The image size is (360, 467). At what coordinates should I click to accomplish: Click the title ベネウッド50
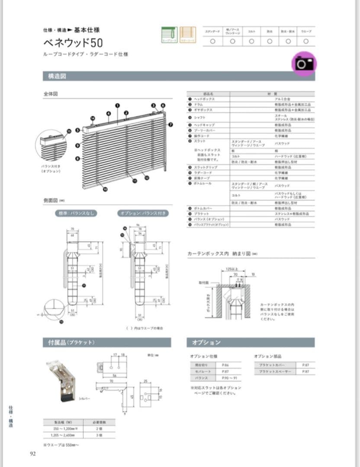point(73,43)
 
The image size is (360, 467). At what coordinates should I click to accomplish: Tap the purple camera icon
point(304,64)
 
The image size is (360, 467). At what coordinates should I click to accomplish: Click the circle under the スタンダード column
point(212,42)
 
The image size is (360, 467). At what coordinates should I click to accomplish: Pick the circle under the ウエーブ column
point(306,42)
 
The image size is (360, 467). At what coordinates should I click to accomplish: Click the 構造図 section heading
point(55,77)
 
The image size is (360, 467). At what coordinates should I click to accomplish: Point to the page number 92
point(33,454)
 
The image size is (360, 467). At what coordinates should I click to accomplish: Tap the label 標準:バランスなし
point(76,213)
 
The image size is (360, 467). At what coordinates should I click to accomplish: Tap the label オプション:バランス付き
point(143,213)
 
